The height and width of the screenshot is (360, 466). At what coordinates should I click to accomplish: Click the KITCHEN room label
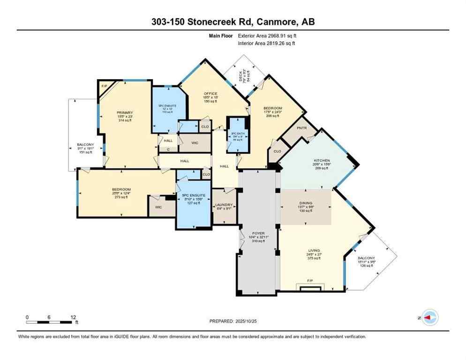(321, 161)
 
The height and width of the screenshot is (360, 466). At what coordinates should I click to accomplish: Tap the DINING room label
(306, 203)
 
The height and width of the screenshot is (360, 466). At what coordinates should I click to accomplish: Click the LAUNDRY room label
(224, 205)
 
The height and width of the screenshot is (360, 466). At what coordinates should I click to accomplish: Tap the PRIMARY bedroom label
(125, 112)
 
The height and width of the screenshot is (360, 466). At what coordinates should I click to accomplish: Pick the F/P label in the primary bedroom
(104, 86)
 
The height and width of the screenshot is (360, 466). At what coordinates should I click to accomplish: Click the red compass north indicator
(428, 318)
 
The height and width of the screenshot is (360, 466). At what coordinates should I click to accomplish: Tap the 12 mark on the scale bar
(73, 316)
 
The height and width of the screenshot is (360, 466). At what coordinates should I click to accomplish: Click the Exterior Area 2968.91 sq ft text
(267, 35)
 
